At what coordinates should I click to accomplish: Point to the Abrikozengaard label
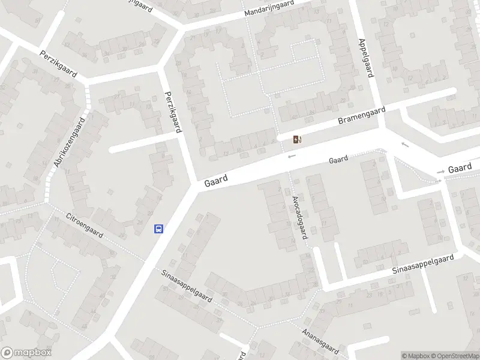(x=70, y=143)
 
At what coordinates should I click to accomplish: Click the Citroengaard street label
(x=85, y=226)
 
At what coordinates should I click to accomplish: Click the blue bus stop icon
(x=159, y=229)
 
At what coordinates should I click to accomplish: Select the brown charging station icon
(x=297, y=140)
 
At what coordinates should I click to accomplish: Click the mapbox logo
(x=26, y=353)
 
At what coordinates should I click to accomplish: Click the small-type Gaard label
(x=338, y=160)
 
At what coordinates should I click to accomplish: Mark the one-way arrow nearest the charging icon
(x=292, y=157)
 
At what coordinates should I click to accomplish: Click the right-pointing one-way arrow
(x=441, y=172)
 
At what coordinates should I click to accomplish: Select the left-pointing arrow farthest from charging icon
(x=405, y=144)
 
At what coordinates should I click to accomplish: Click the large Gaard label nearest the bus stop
(x=216, y=179)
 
